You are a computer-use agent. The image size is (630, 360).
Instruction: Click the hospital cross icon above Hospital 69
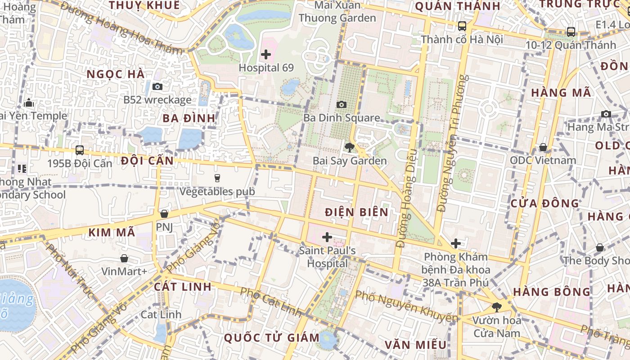coord(266,55)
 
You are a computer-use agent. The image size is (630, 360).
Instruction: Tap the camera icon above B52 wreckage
coord(157,86)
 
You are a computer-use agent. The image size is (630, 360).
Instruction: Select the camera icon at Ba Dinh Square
coord(342,105)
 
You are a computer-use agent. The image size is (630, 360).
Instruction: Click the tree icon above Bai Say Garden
coord(349,147)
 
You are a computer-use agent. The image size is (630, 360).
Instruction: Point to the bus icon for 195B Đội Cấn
coord(80,150)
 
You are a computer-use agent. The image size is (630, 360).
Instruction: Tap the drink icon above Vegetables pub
coord(217,178)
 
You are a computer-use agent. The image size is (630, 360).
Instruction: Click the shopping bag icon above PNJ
coord(164,214)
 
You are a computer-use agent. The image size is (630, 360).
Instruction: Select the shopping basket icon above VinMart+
coord(124,258)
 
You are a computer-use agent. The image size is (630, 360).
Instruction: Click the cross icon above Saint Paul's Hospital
coord(327,237)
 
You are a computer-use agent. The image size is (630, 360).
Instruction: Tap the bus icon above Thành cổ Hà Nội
coord(462,26)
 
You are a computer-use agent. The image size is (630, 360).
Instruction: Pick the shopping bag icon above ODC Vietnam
coord(543,147)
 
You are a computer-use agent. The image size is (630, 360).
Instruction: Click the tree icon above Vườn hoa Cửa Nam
coord(496,307)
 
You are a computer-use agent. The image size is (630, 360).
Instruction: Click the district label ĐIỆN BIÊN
coord(356,212)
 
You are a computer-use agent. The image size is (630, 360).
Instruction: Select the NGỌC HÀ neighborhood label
coord(116,74)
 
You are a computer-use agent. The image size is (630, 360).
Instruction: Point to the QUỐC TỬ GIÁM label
coord(271,337)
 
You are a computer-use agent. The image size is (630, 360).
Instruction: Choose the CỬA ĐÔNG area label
coord(545,203)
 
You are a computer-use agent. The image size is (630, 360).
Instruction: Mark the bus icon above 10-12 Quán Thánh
coord(571,32)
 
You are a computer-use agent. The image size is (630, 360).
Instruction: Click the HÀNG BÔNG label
coord(552,292)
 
